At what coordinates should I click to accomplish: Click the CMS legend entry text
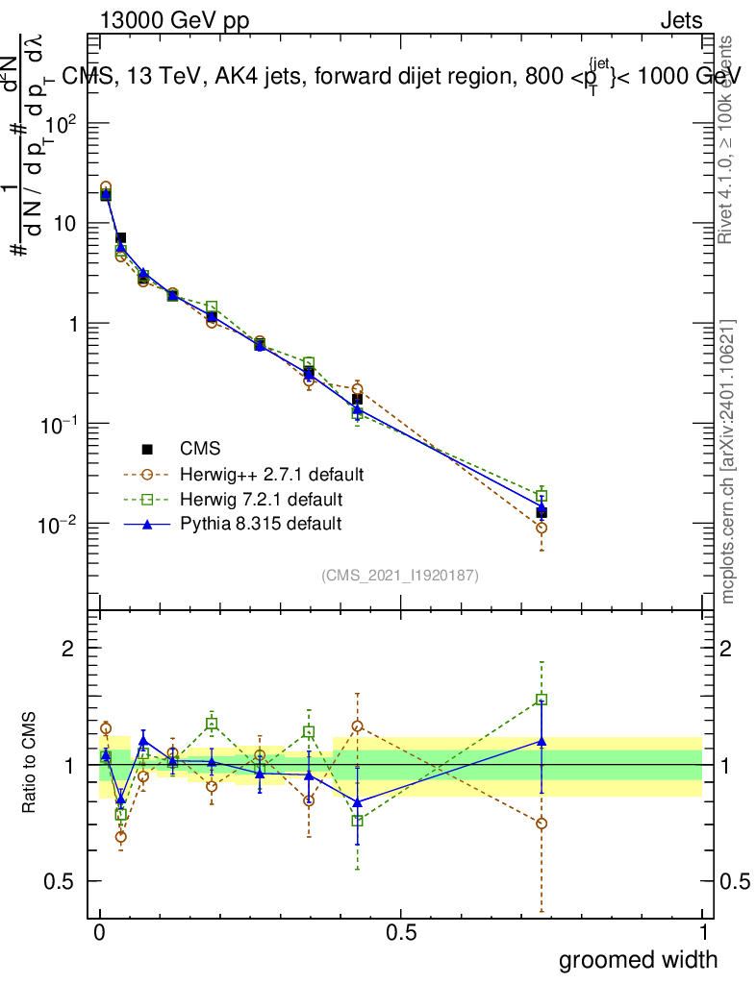point(200,449)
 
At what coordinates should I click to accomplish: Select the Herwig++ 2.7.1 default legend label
point(271,474)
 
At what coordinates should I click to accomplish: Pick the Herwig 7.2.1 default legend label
point(261,499)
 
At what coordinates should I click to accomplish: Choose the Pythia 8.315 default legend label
point(260,524)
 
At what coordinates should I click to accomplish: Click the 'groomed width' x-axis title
point(639,959)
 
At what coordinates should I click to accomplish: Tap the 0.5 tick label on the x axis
point(401,933)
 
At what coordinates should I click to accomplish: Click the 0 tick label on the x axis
point(100,933)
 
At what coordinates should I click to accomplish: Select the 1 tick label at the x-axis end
point(703,933)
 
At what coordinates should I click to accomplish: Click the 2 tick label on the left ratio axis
point(67,649)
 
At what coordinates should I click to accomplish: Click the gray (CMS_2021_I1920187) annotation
point(399,576)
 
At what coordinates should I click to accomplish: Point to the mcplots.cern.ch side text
point(729,461)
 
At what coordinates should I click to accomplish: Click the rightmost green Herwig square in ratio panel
point(542,700)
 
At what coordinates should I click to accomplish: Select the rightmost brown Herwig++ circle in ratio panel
point(542,824)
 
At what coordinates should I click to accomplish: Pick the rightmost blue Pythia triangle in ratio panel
point(542,741)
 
